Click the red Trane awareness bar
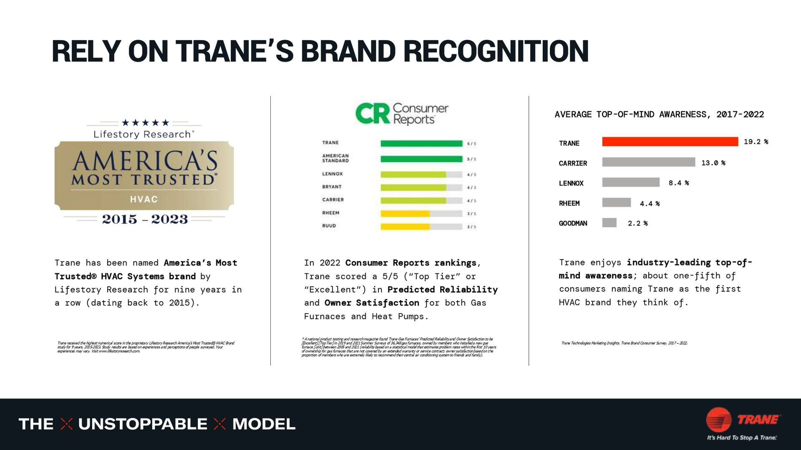tap(670, 142)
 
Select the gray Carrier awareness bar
tap(648, 162)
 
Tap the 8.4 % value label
tap(678, 183)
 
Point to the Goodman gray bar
tap(609, 222)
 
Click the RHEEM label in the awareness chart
tap(569, 203)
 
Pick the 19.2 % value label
tap(756, 142)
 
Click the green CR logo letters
tap(373, 114)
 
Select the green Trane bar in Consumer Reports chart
tap(421, 144)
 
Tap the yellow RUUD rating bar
tap(405, 227)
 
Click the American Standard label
tap(335, 158)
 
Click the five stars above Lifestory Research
tap(145, 122)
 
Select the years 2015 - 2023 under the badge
tap(145, 219)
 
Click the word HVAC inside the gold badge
tap(144, 199)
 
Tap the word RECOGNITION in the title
tap(496, 51)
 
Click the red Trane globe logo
tap(718, 420)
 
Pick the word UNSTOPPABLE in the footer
tap(143, 424)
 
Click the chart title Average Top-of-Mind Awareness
tap(659, 115)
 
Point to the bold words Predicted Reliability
tap(442, 290)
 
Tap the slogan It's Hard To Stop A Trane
tap(741, 437)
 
